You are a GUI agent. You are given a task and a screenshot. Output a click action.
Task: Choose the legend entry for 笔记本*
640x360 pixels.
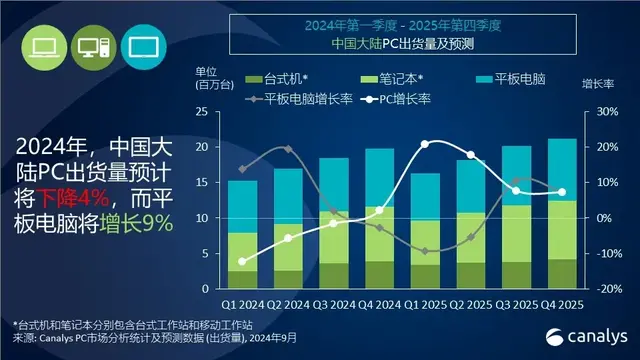[393, 79]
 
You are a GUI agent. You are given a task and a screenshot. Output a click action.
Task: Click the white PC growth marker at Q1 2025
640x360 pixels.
[425, 144]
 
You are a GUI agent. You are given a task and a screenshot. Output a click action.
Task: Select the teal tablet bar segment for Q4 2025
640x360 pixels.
[561, 169]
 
